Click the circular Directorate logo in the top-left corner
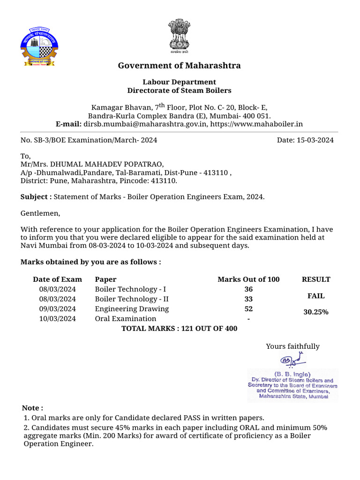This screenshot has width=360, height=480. (x=39, y=47)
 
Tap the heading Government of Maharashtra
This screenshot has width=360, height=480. (x=179, y=66)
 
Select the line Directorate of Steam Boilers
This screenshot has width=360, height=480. (x=179, y=90)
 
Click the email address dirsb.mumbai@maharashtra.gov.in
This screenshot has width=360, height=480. (x=145, y=124)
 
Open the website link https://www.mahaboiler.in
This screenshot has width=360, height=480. (x=256, y=124)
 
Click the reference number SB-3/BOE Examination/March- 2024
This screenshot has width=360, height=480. (x=89, y=140)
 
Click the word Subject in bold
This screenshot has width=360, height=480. (x=34, y=197)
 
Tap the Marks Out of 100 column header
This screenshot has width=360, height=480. (x=248, y=279)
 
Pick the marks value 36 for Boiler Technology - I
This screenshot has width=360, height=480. (x=248, y=289)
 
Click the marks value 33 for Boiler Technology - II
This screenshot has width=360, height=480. (x=248, y=299)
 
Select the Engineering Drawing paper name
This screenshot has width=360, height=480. (x=132, y=309)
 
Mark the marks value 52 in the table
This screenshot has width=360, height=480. (x=248, y=309)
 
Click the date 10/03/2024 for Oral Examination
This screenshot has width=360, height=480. (x=58, y=319)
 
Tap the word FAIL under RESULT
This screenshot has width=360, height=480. (x=315, y=296)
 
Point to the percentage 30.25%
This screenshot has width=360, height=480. (x=315, y=312)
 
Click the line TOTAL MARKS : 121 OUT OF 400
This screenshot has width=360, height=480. (x=179, y=329)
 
